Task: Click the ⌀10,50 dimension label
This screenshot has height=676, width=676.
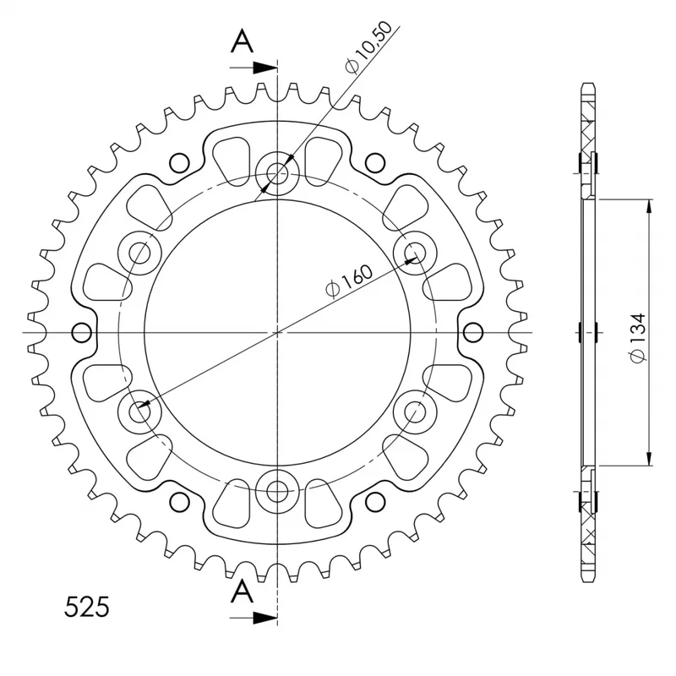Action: click(x=369, y=47)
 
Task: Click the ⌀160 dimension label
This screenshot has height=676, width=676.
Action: click(x=349, y=281)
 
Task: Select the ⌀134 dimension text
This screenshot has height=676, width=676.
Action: click(x=638, y=337)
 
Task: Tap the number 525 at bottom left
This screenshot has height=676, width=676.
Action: click(x=87, y=607)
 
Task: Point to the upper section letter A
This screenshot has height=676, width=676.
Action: click(x=243, y=41)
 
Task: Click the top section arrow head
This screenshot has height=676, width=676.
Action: click(x=264, y=68)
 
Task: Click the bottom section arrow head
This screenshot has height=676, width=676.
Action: click(x=264, y=618)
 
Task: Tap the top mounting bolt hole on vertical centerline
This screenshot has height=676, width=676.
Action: click(x=277, y=174)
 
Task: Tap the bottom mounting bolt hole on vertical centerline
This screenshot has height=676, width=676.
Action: click(x=277, y=491)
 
